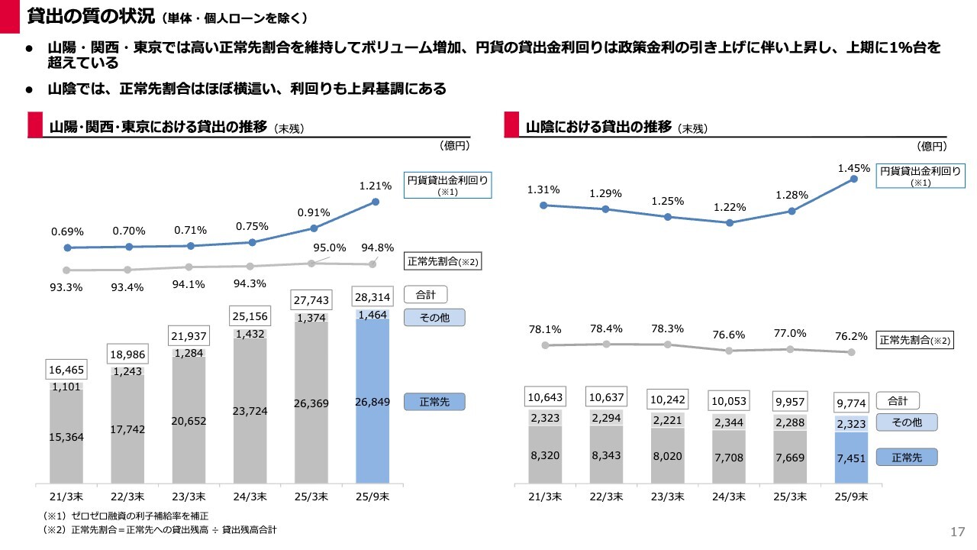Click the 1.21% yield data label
tap(375, 186)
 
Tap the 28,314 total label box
tap(372, 297)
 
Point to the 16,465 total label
tap(66, 370)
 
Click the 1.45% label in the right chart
tap(854, 168)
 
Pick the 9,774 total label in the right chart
tap(853, 402)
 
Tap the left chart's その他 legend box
tap(434, 318)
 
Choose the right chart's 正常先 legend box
tap(906, 458)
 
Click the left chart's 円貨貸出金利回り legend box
tap(447, 186)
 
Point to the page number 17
tap(958, 532)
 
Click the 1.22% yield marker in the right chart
tap(730, 223)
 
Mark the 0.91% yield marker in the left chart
tap(314, 228)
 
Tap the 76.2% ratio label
tap(854, 335)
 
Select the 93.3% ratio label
tap(66, 286)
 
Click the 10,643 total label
tap(545, 397)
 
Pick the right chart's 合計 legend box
tap(898, 400)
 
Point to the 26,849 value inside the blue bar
tap(372, 402)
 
